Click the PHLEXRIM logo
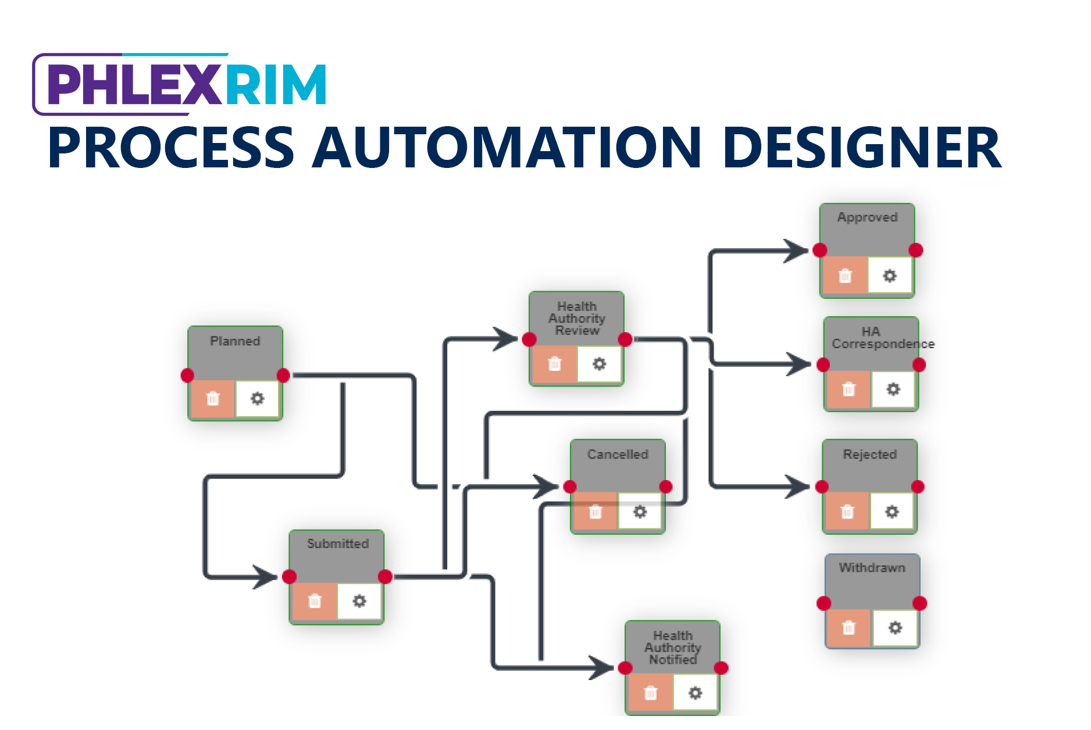pyautogui.click(x=180, y=84)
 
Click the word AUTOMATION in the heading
pyautogui.click(x=506, y=148)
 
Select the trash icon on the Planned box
pyautogui.click(x=213, y=399)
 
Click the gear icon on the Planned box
pyautogui.click(x=257, y=399)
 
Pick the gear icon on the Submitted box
pyautogui.click(x=359, y=601)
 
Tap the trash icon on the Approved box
pyautogui.click(x=845, y=275)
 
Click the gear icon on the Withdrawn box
pyautogui.click(x=895, y=628)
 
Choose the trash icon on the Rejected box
pyautogui.click(x=847, y=511)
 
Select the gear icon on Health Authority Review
pyautogui.click(x=599, y=364)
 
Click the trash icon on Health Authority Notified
pyautogui.click(x=651, y=693)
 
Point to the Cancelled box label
pyautogui.click(x=618, y=455)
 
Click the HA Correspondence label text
pyautogui.click(x=882, y=338)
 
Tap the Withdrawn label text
pyautogui.click(x=872, y=568)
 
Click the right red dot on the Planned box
pyautogui.click(x=283, y=375)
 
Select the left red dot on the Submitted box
pyautogui.click(x=289, y=577)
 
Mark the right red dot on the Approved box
pyautogui.click(x=915, y=250)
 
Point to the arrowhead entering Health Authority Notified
pyautogui.click(x=602, y=668)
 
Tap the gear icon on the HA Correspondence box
pyautogui.click(x=893, y=389)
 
